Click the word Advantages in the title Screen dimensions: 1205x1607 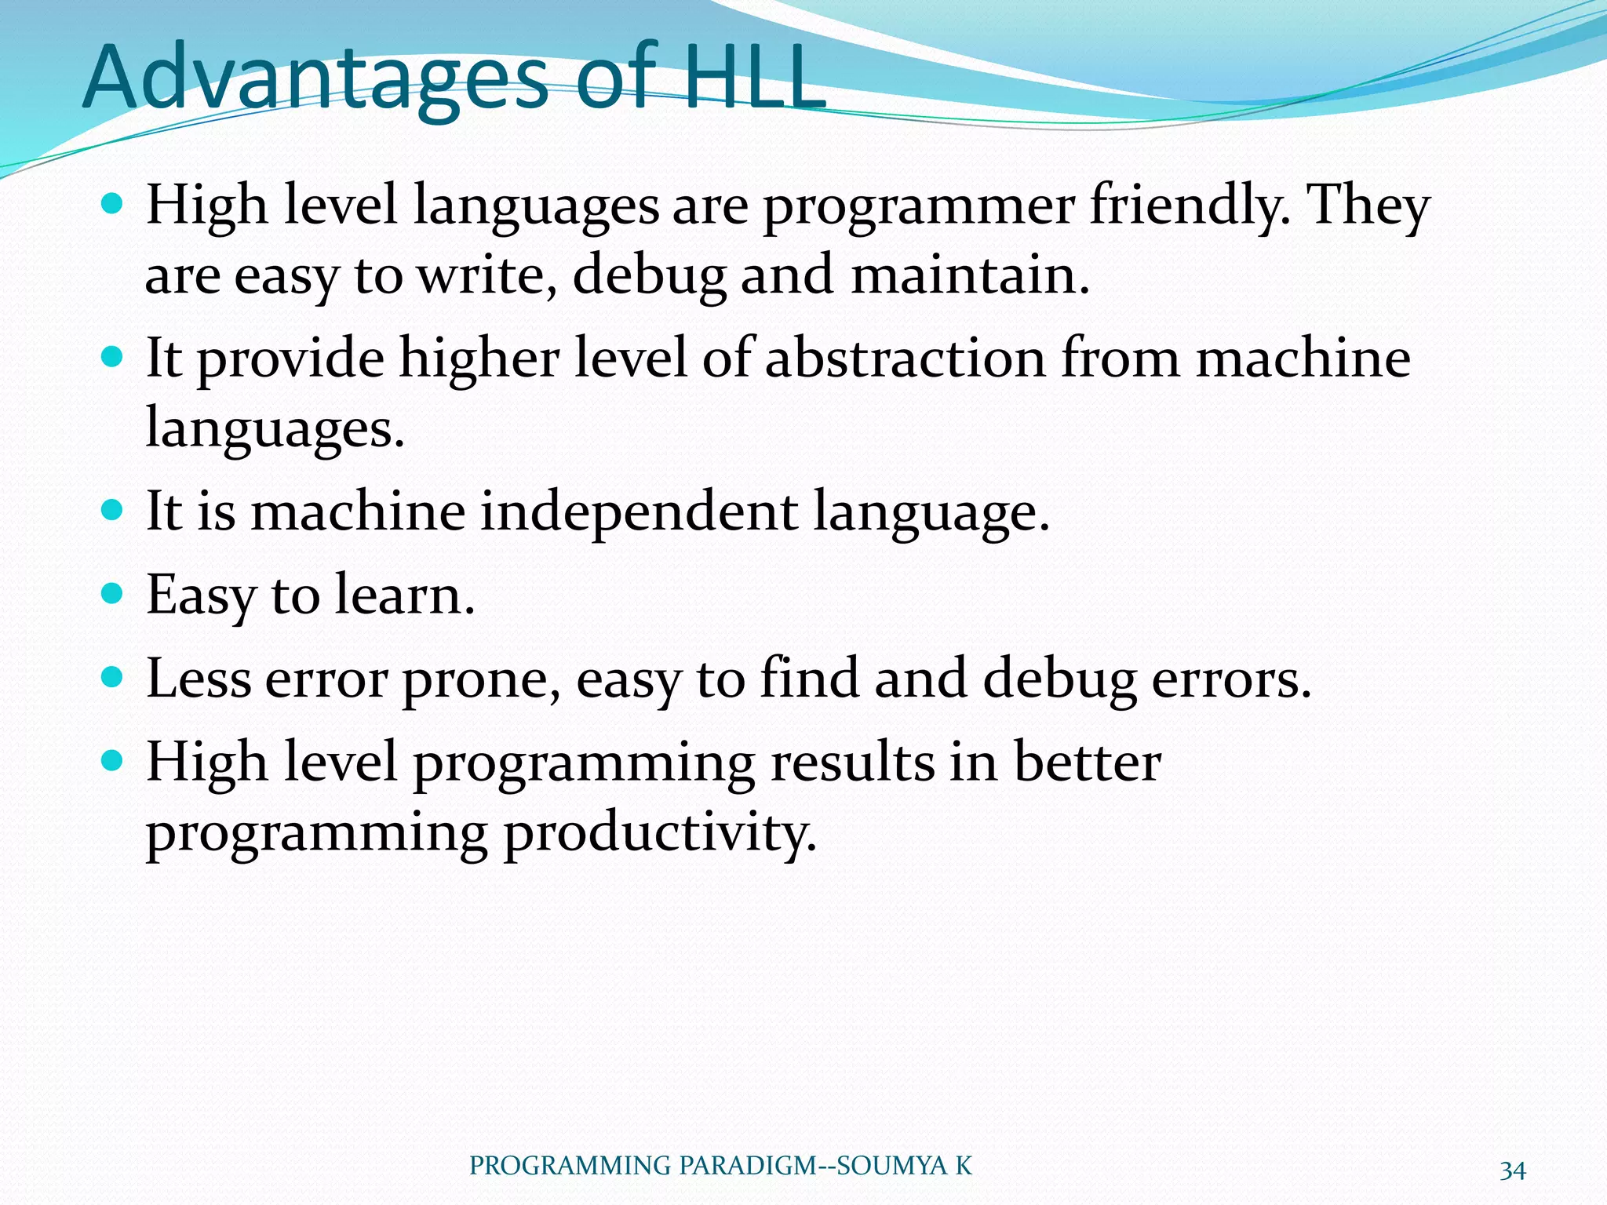click(314, 78)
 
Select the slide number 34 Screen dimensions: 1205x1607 click(1512, 1171)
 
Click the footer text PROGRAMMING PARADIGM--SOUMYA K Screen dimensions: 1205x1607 click(720, 1166)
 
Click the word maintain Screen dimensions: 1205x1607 click(970, 276)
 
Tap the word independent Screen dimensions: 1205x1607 click(639, 511)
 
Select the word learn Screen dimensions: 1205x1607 click(404, 595)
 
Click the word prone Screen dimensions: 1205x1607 click(481, 679)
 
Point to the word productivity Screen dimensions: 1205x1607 click(659, 833)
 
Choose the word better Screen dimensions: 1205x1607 click(1087, 763)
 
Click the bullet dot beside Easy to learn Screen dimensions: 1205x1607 click(113, 593)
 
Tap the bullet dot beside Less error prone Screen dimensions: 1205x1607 click(113, 676)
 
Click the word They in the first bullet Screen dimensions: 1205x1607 click(1368, 206)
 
